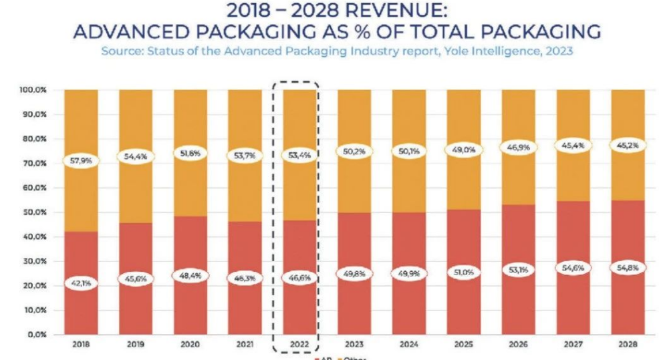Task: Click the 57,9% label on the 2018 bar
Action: click(81, 161)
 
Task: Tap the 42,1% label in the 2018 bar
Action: click(81, 283)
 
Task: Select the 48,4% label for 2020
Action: click(190, 275)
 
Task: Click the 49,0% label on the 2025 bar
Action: click(464, 150)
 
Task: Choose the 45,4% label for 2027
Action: click(573, 146)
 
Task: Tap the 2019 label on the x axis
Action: click(136, 345)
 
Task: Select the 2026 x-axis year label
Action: click(518, 345)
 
